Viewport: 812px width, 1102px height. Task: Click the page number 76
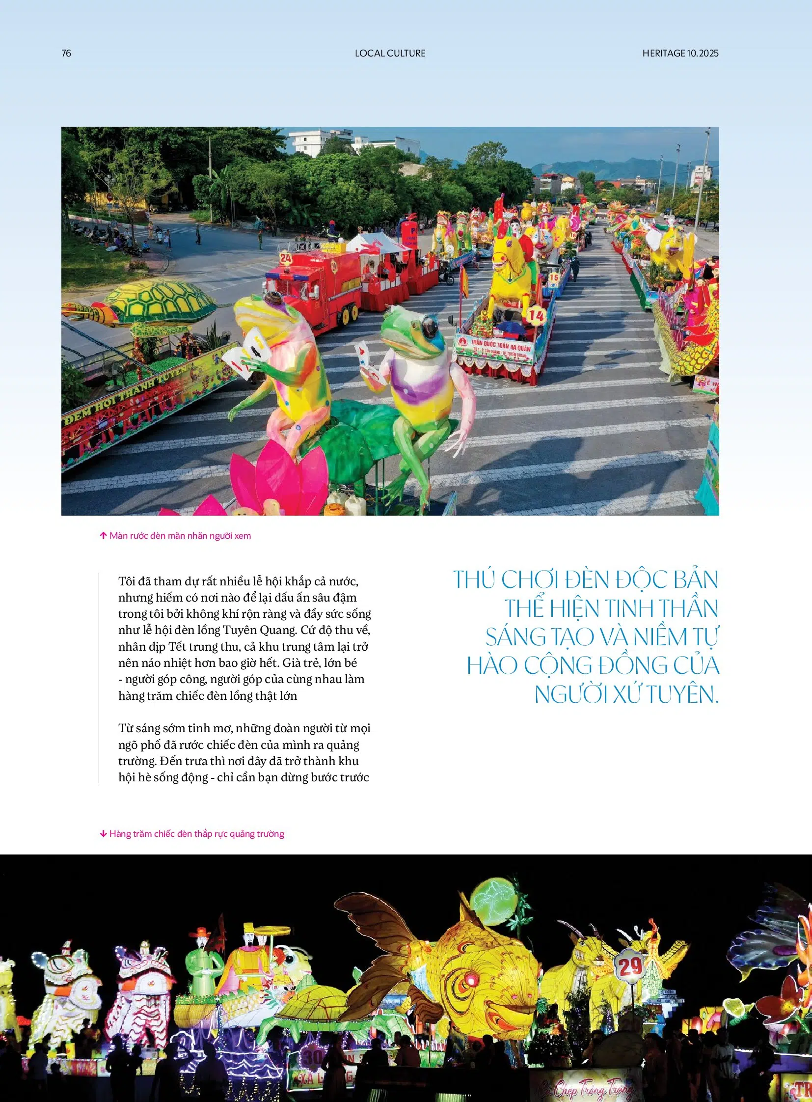[x=66, y=53]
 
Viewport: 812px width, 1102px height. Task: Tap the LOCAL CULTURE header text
[x=390, y=53]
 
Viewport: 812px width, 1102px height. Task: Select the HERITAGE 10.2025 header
[x=680, y=53]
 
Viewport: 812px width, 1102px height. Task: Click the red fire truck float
[x=315, y=285]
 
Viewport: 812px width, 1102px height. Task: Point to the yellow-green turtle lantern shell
[x=160, y=300]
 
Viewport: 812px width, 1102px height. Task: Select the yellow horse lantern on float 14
[x=511, y=271]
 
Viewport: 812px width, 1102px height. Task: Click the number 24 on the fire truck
[x=286, y=257]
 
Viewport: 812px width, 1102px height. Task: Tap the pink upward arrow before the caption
[x=103, y=535]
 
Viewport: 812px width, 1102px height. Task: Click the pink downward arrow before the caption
[x=103, y=834]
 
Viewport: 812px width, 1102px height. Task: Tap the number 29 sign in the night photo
[x=630, y=967]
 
